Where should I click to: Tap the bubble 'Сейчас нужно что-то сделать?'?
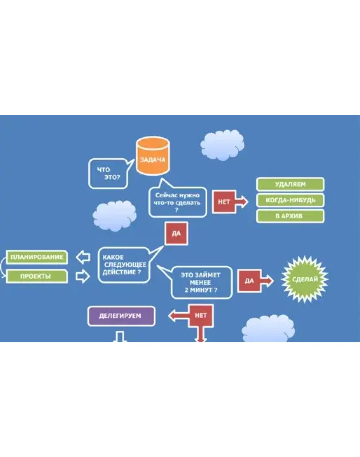tap(177, 202)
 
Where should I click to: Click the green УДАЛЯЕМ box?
tap(290, 184)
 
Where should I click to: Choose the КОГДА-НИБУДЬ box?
tap(290, 200)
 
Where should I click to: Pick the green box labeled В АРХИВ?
tap(290, 216)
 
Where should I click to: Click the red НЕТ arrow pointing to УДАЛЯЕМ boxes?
tap(229, 202)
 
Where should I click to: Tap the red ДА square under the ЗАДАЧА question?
tap(176, 233)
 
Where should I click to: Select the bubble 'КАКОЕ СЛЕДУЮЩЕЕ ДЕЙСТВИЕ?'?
tap(124, 265)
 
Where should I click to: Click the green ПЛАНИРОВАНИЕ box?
tap(37, 257)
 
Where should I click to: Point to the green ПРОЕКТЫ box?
tap(37, 276)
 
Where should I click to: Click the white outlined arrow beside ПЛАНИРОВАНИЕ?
tap(83, 258)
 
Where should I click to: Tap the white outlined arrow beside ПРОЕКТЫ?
tap(83, 276)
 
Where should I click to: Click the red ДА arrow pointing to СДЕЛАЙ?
tap(253, 281)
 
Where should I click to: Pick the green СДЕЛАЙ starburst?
tap(305, 279)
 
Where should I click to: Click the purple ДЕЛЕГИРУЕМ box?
tap(121, 316)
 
